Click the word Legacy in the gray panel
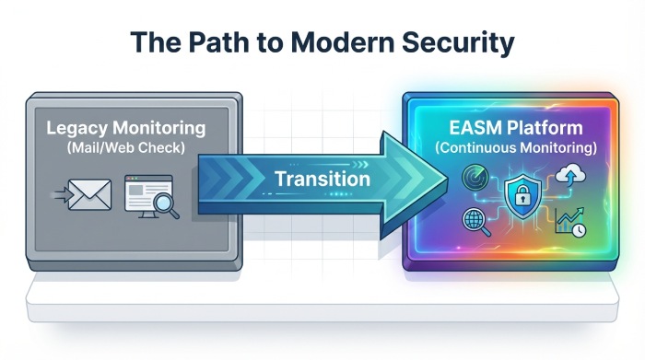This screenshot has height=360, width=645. pyautogui.click(x=82, y=129)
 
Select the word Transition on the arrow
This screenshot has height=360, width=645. pyautogui.click(x=322, y=178)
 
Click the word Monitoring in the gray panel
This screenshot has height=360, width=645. pyautogui.click(x=168, y=129)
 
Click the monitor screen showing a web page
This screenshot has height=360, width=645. pyautogui.click(x=144, y=192)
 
